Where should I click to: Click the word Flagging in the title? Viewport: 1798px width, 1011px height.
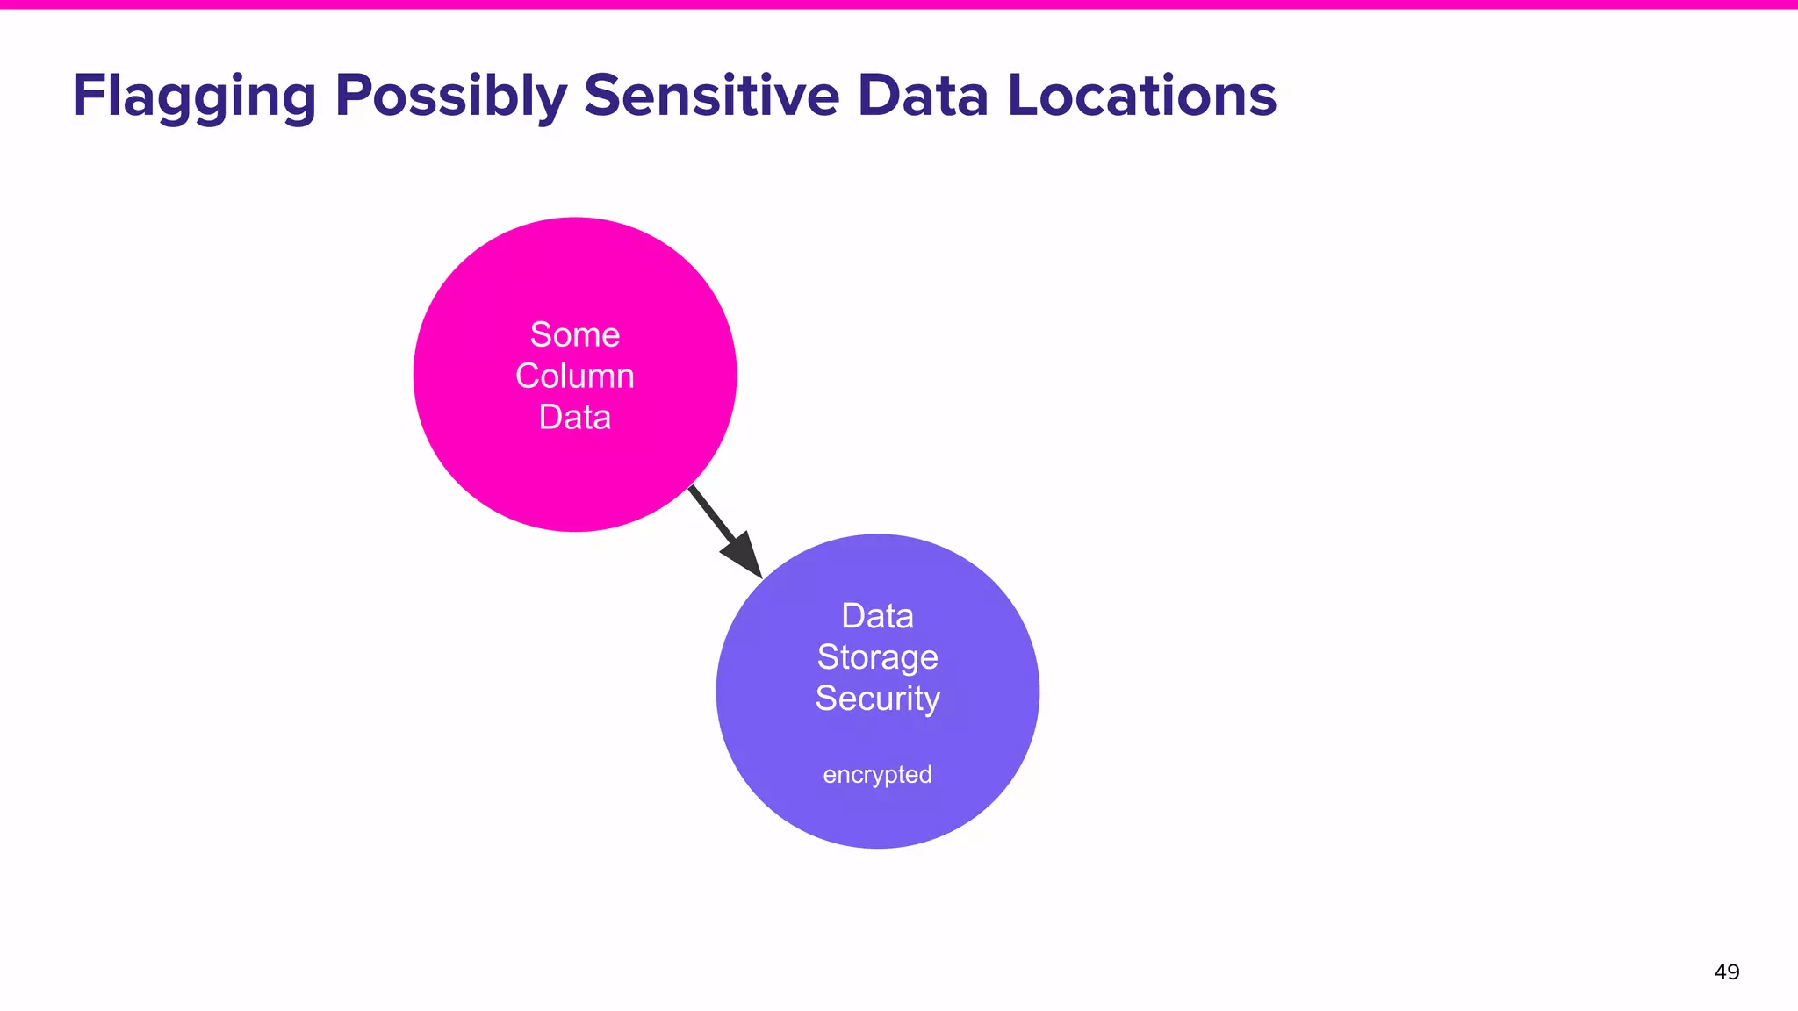pyautogui.click(x=193, y=97)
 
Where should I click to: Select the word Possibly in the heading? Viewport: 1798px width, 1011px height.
pyautogui.click(x=450, y=97)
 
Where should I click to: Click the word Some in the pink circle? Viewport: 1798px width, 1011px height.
pyautogui.click(x=575, y=335)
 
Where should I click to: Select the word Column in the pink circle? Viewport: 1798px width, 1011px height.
pyautogui.click(x=575, y=376)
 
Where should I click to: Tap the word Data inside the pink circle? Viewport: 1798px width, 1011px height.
pyautogui.click(x=575, y=418)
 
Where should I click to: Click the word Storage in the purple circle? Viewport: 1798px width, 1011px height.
pyautogui.click(x=877, y=657)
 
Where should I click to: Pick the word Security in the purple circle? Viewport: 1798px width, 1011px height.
pyautogui.click(x=877, y=699)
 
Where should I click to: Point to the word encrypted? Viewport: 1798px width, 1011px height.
pyautogui.click(x=877, y=775)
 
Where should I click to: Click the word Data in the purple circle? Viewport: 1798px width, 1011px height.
pyautogui.click(x=877, y=616)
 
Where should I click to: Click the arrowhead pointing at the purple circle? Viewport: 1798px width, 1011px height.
pyautogui.click(x=744, y=556)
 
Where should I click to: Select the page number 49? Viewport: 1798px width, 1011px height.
pyautogui.click(x=1726, y=972)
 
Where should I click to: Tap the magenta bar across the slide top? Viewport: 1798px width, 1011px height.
pyautogui.click(x=899, y=4)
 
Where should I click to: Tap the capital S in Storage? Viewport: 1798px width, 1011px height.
pyautogui.click(x=826, y=657)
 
